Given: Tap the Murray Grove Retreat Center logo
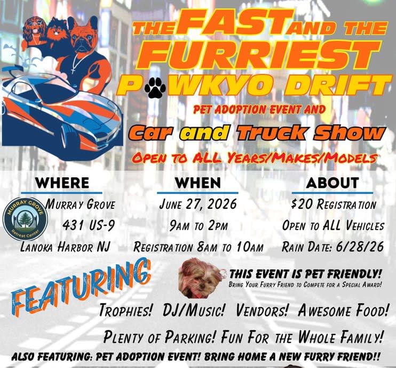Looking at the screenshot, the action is [26, 219].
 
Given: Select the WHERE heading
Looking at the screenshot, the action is [62, 183].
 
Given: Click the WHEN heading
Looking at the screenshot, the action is [198, 183].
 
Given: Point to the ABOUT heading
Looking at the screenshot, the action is [332, 183].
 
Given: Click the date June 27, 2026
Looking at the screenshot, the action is [198, 204].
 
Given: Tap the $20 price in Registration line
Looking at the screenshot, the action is [302, 204].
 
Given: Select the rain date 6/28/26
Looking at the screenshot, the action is [360, 247].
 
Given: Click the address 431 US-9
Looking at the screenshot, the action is [89, 225].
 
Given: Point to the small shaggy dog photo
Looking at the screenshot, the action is [201, 278].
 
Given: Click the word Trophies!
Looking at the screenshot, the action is [126, 310].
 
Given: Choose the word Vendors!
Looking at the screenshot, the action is [262, 310].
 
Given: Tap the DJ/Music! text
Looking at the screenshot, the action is [194, 310].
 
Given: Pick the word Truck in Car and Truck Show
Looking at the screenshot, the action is [272, 133].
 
